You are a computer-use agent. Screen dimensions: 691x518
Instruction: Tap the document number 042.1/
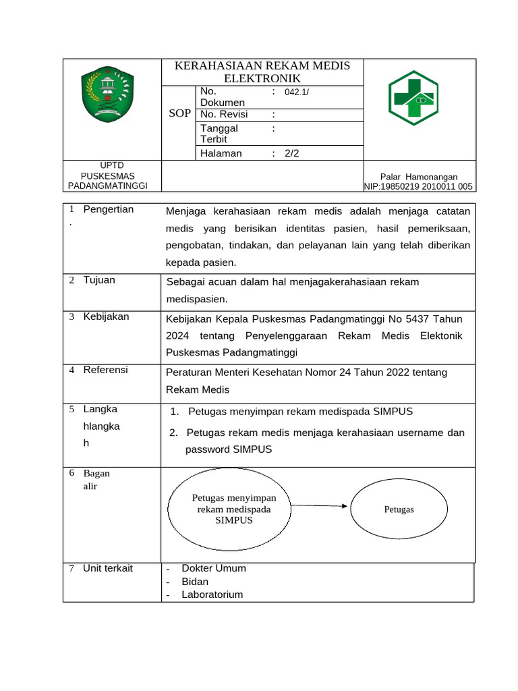tap(297, 92)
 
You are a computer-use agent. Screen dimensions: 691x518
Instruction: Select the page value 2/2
tap(291, 153)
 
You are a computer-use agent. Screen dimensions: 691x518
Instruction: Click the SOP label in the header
tap(179, 113)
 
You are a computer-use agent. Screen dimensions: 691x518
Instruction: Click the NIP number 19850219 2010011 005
tap(420, 187)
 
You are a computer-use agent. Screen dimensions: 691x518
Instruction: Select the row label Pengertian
tap(109, 209)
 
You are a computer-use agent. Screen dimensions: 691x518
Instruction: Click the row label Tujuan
tap(99, 280)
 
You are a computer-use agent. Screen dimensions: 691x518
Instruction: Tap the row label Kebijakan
tap(106, 316)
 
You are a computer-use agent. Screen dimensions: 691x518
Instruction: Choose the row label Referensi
tap(105, 370)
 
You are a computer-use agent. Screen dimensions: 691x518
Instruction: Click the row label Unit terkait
tap(108, 568)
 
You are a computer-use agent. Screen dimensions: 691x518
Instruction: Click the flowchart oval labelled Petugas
tap(399, 509)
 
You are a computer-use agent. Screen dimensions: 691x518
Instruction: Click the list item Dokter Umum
tap(214, 568)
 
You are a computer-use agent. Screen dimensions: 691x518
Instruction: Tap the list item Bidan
tap(195, 582)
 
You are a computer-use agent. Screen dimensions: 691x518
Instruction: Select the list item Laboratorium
tap(212, 595)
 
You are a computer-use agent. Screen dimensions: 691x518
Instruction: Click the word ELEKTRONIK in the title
tap(262, 78)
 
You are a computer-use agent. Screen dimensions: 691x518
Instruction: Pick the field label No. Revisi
tap(225, 114)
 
